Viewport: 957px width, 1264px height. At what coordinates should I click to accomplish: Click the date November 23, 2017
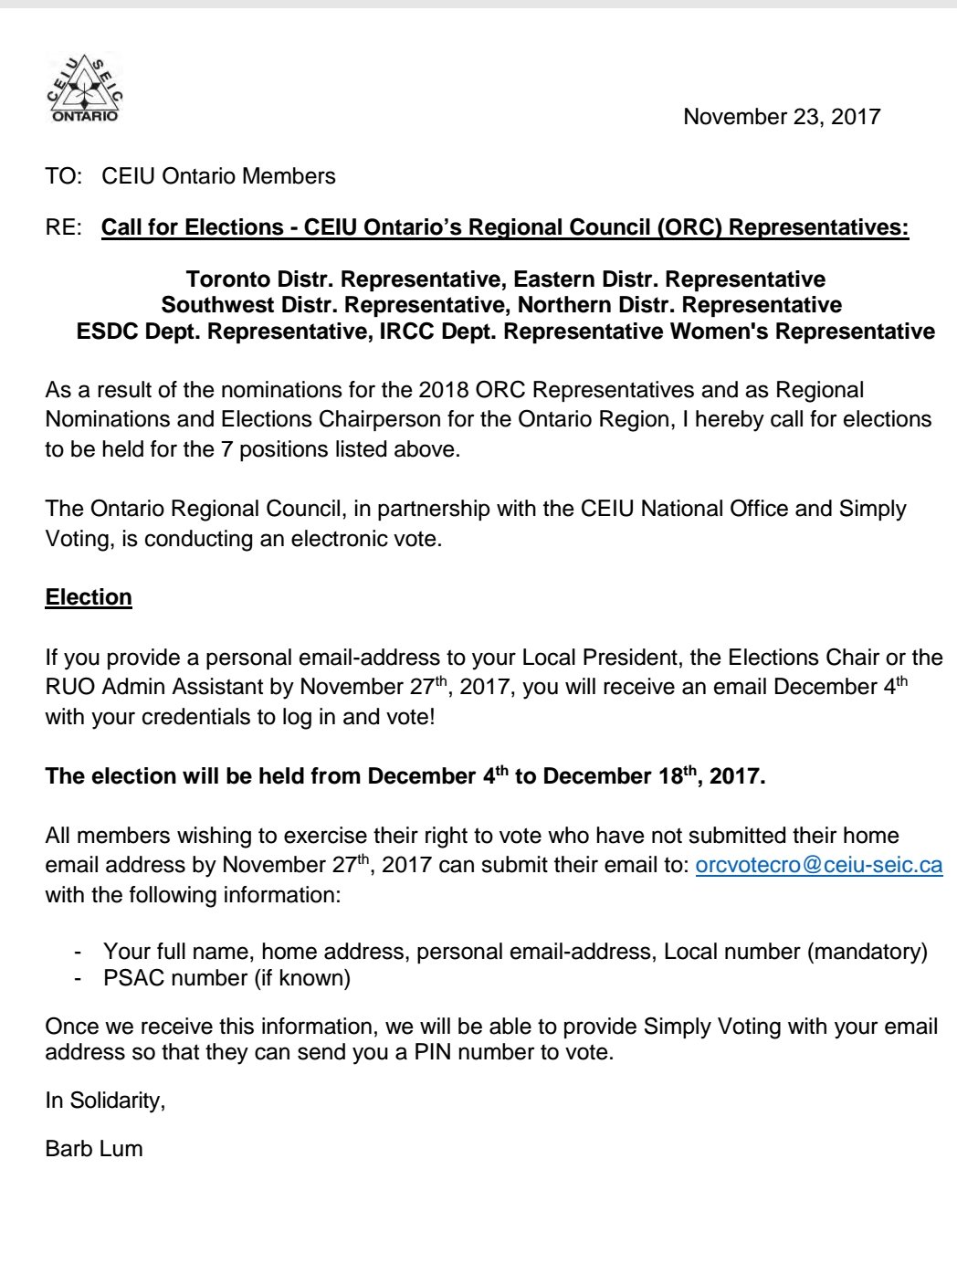(782, 117)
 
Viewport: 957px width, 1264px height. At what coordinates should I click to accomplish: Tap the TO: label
(64, 176)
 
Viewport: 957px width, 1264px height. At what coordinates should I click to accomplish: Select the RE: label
(64, 227)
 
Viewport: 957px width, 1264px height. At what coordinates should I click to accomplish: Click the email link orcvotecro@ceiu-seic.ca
(818, 865)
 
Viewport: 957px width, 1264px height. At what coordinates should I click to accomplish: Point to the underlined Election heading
(89, 597)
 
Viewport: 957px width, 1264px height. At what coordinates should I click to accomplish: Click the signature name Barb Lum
(94, 1148)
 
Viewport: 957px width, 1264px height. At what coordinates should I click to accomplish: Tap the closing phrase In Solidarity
(105, 1101)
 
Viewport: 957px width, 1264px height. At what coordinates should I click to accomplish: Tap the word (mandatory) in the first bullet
(867, 952)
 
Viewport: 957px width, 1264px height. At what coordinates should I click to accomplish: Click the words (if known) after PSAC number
(302, 978)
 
